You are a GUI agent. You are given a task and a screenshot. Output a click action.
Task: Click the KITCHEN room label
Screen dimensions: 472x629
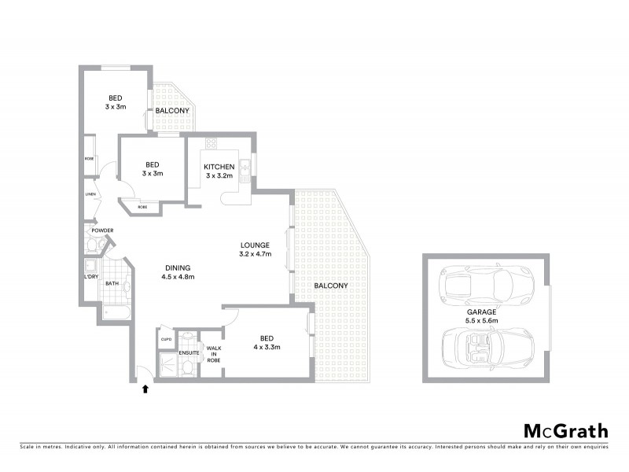point(219,168)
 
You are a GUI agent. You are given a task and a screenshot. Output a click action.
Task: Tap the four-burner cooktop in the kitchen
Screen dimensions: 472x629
point(210,143)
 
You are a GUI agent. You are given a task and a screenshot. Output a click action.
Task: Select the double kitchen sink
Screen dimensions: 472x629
point(245,166)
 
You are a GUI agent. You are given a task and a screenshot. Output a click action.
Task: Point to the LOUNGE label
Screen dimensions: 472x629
point(255,245)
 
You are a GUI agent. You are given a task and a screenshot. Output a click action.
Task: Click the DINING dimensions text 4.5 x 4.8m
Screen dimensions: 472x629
point(177,277)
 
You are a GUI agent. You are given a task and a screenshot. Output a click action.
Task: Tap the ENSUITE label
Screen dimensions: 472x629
point(189,352)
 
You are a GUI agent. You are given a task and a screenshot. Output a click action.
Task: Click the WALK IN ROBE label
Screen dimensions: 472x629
point(214,352)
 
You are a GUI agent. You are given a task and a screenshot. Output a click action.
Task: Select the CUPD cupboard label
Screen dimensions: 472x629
point(166,340)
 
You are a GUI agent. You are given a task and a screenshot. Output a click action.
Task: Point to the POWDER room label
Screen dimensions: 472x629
point(102,230)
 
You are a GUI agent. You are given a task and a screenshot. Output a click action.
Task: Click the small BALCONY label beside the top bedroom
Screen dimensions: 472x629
point(172,111)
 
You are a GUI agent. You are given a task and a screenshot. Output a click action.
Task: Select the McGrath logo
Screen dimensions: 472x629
point(565,430)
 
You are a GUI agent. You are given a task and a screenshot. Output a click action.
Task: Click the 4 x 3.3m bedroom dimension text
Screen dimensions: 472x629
point(266,347)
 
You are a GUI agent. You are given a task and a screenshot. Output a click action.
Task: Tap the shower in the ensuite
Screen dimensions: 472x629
point(168,363)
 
